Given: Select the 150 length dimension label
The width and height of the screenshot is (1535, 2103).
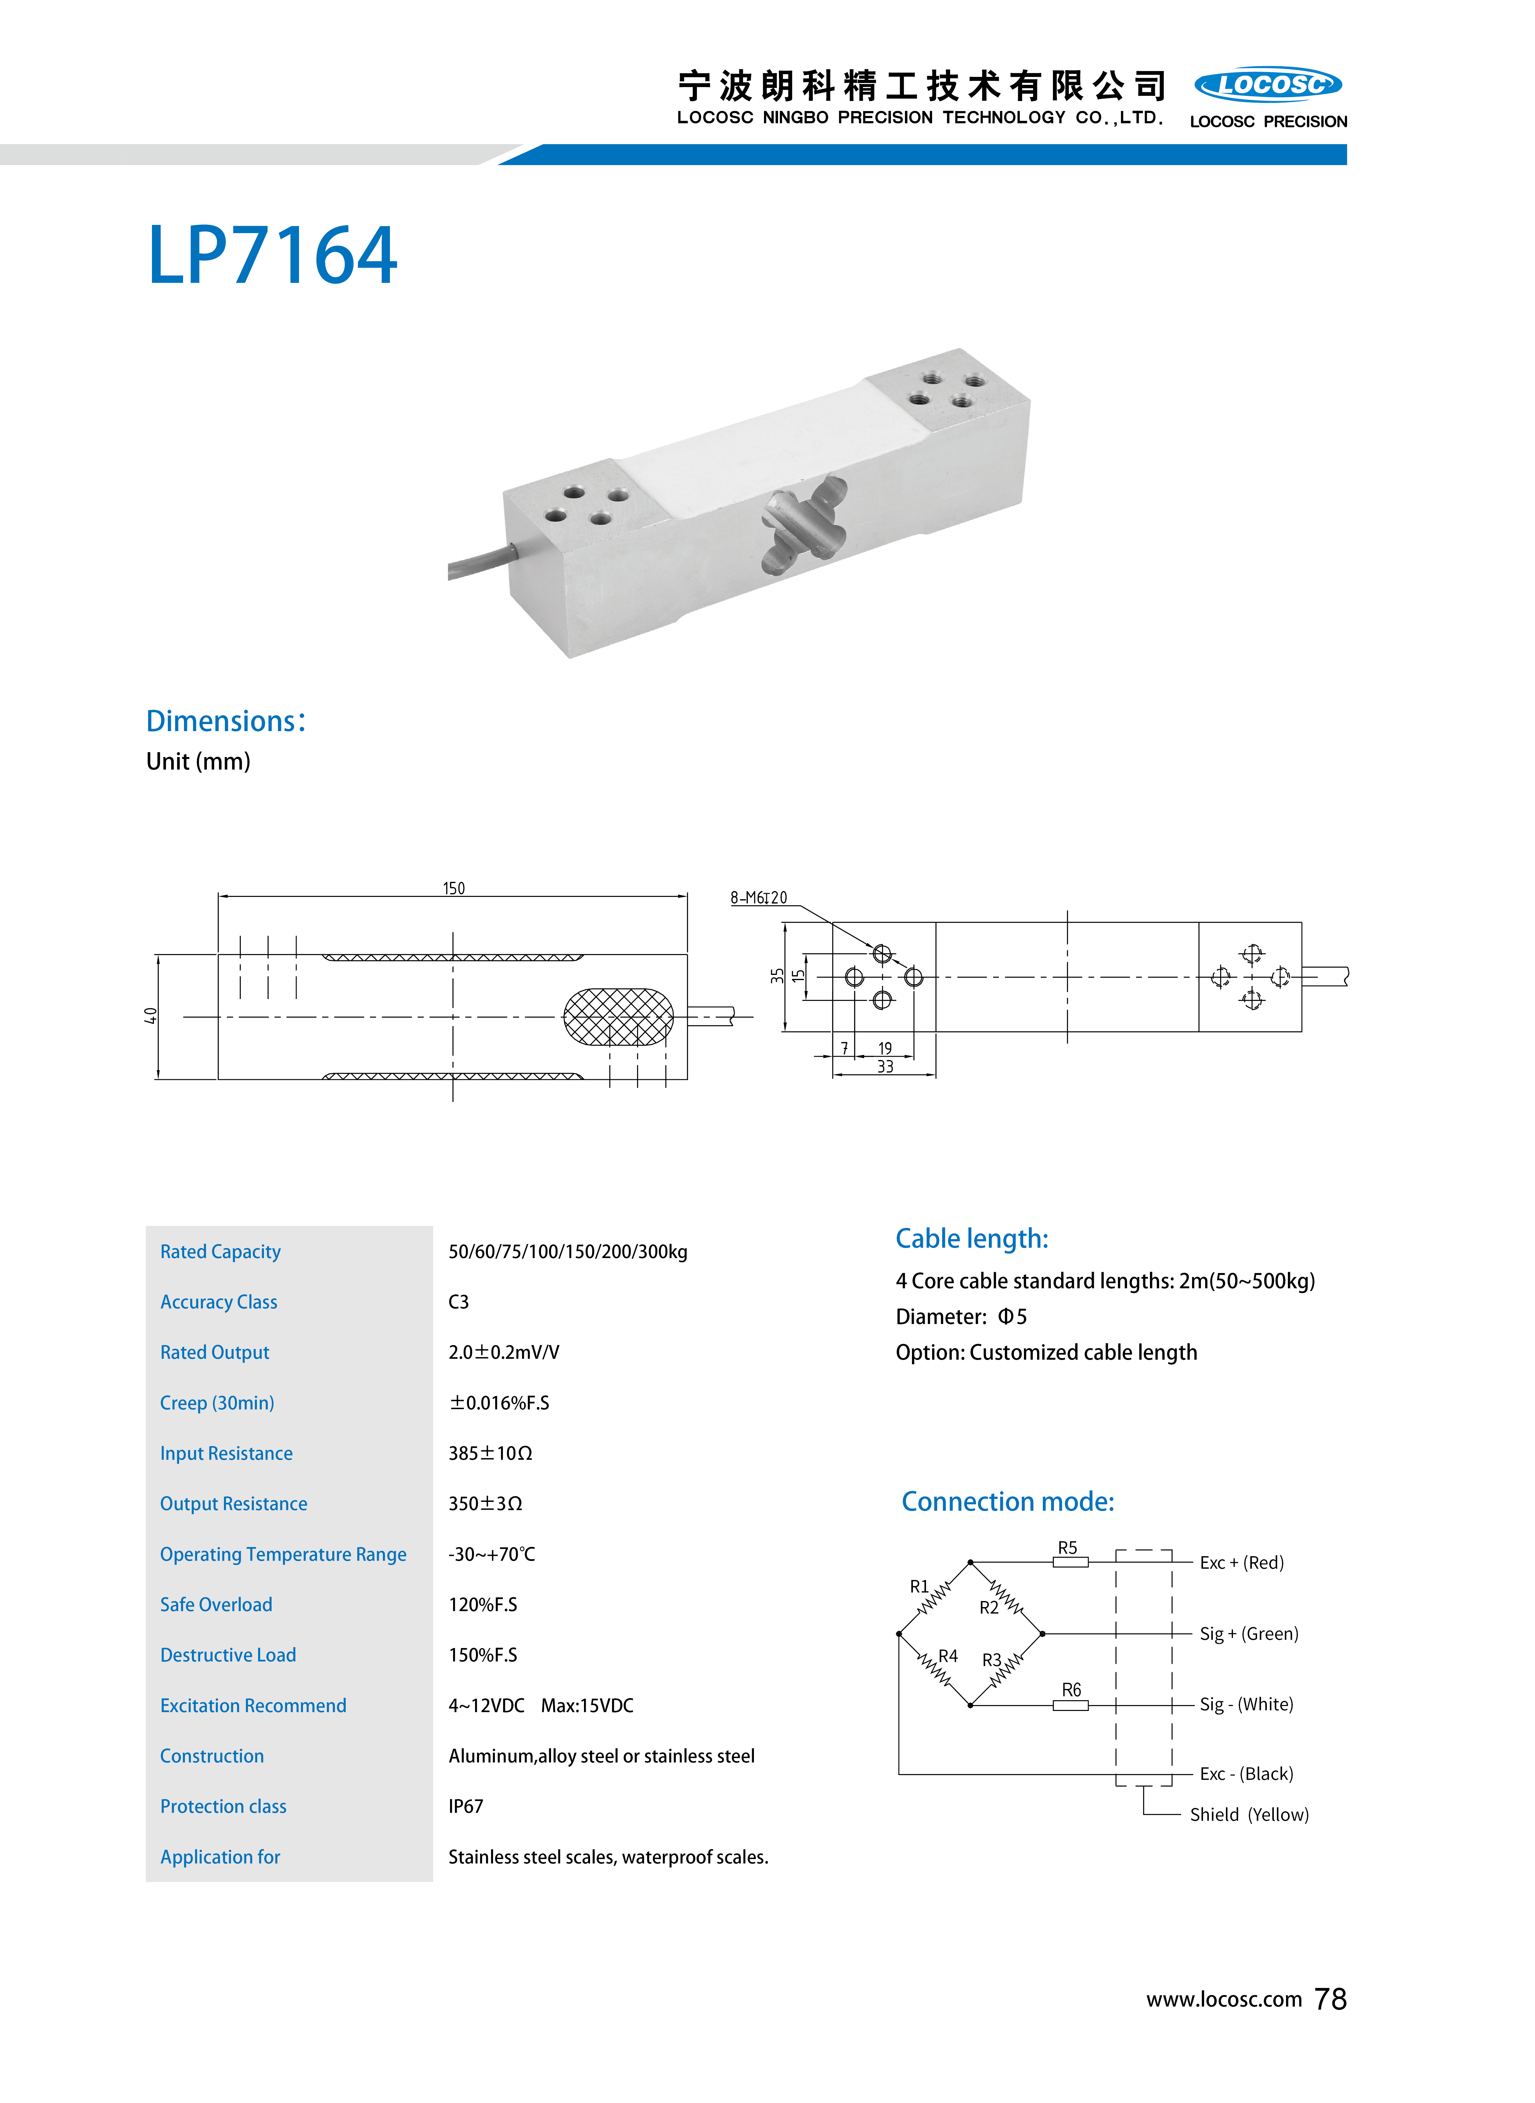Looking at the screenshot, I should pyautogui.click(x=453, y=889).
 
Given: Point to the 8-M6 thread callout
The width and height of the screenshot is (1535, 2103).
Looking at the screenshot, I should pyautogui.click(x=758, y=898).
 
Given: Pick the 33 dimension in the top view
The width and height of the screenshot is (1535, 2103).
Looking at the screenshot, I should pyautogui.click(x=885, y=1067).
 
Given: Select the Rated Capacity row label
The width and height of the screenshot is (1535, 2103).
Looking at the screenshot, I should pyautogui.click(x=220, y=1252).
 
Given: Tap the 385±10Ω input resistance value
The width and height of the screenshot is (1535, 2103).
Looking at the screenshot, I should pyautogui.click(x=490, y=1453).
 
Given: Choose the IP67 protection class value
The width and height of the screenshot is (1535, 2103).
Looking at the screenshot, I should pyautogui.click(x=466, y=1806).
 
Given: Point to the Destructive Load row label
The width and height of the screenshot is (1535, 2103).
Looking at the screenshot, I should pyautogui.click(x=228, y=1655).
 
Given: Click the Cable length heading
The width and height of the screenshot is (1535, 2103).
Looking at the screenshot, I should pyautogui.click(x=971, y=1239).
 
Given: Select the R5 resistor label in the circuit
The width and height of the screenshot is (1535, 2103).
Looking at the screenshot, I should pyautogui.click(x=1068, y=1547).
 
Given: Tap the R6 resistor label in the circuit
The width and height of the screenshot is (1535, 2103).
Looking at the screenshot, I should pyautogui.click(x=1071, y=1690).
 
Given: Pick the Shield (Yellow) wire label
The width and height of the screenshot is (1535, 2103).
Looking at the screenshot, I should pyautogui.click(x=1249, y=1814).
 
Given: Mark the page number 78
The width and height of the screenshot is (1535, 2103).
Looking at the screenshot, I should pyautogui.click(x=1331, y=1999).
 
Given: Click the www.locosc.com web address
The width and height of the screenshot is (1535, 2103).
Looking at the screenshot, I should pyautogui.click(x=1224, y=2000).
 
